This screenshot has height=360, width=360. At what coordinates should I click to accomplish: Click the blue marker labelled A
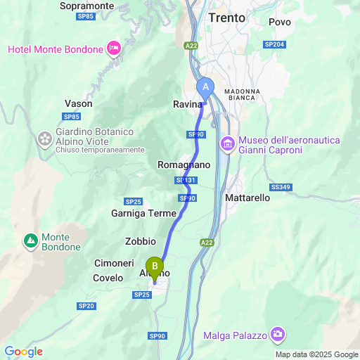pos(206,86)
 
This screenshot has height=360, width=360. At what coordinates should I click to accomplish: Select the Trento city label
pos(227,18)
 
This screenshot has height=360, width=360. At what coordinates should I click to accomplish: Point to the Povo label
pos(280,22)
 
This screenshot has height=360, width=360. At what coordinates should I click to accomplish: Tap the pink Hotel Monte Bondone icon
pos(114,49)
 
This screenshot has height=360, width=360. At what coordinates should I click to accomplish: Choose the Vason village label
pos(78,103)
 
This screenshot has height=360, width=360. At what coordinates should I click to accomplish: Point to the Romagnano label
pos(184,165)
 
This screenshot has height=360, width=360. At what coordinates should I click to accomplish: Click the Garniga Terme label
pos(143,213)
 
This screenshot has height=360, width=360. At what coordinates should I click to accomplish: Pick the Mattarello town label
pos(247,198)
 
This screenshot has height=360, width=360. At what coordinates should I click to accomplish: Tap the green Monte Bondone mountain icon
pos(30,242)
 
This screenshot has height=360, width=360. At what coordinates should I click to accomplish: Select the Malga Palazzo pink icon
pos(278,333)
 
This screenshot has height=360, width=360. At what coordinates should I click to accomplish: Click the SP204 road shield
pos(274,44)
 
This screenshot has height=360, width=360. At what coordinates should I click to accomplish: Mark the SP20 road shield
pos(86,306)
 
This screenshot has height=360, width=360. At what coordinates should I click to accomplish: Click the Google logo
pos(23,352)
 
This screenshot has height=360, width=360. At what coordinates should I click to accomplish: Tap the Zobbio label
pos(140,241)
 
